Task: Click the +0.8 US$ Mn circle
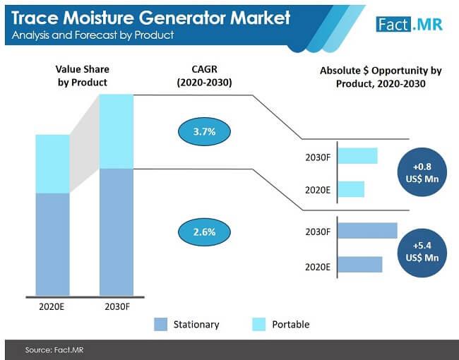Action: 422,173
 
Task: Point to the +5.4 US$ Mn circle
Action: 422,252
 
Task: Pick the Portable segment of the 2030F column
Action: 117,131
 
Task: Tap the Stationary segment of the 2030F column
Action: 117,232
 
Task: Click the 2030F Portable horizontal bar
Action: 357,155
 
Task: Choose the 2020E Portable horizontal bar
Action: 351,189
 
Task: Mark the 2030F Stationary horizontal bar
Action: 367,231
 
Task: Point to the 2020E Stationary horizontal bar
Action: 360,265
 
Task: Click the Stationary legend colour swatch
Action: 160,324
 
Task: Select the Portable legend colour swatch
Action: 258,324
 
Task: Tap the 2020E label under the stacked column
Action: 53,307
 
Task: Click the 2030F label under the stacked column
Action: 117,307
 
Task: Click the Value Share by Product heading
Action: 82,76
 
